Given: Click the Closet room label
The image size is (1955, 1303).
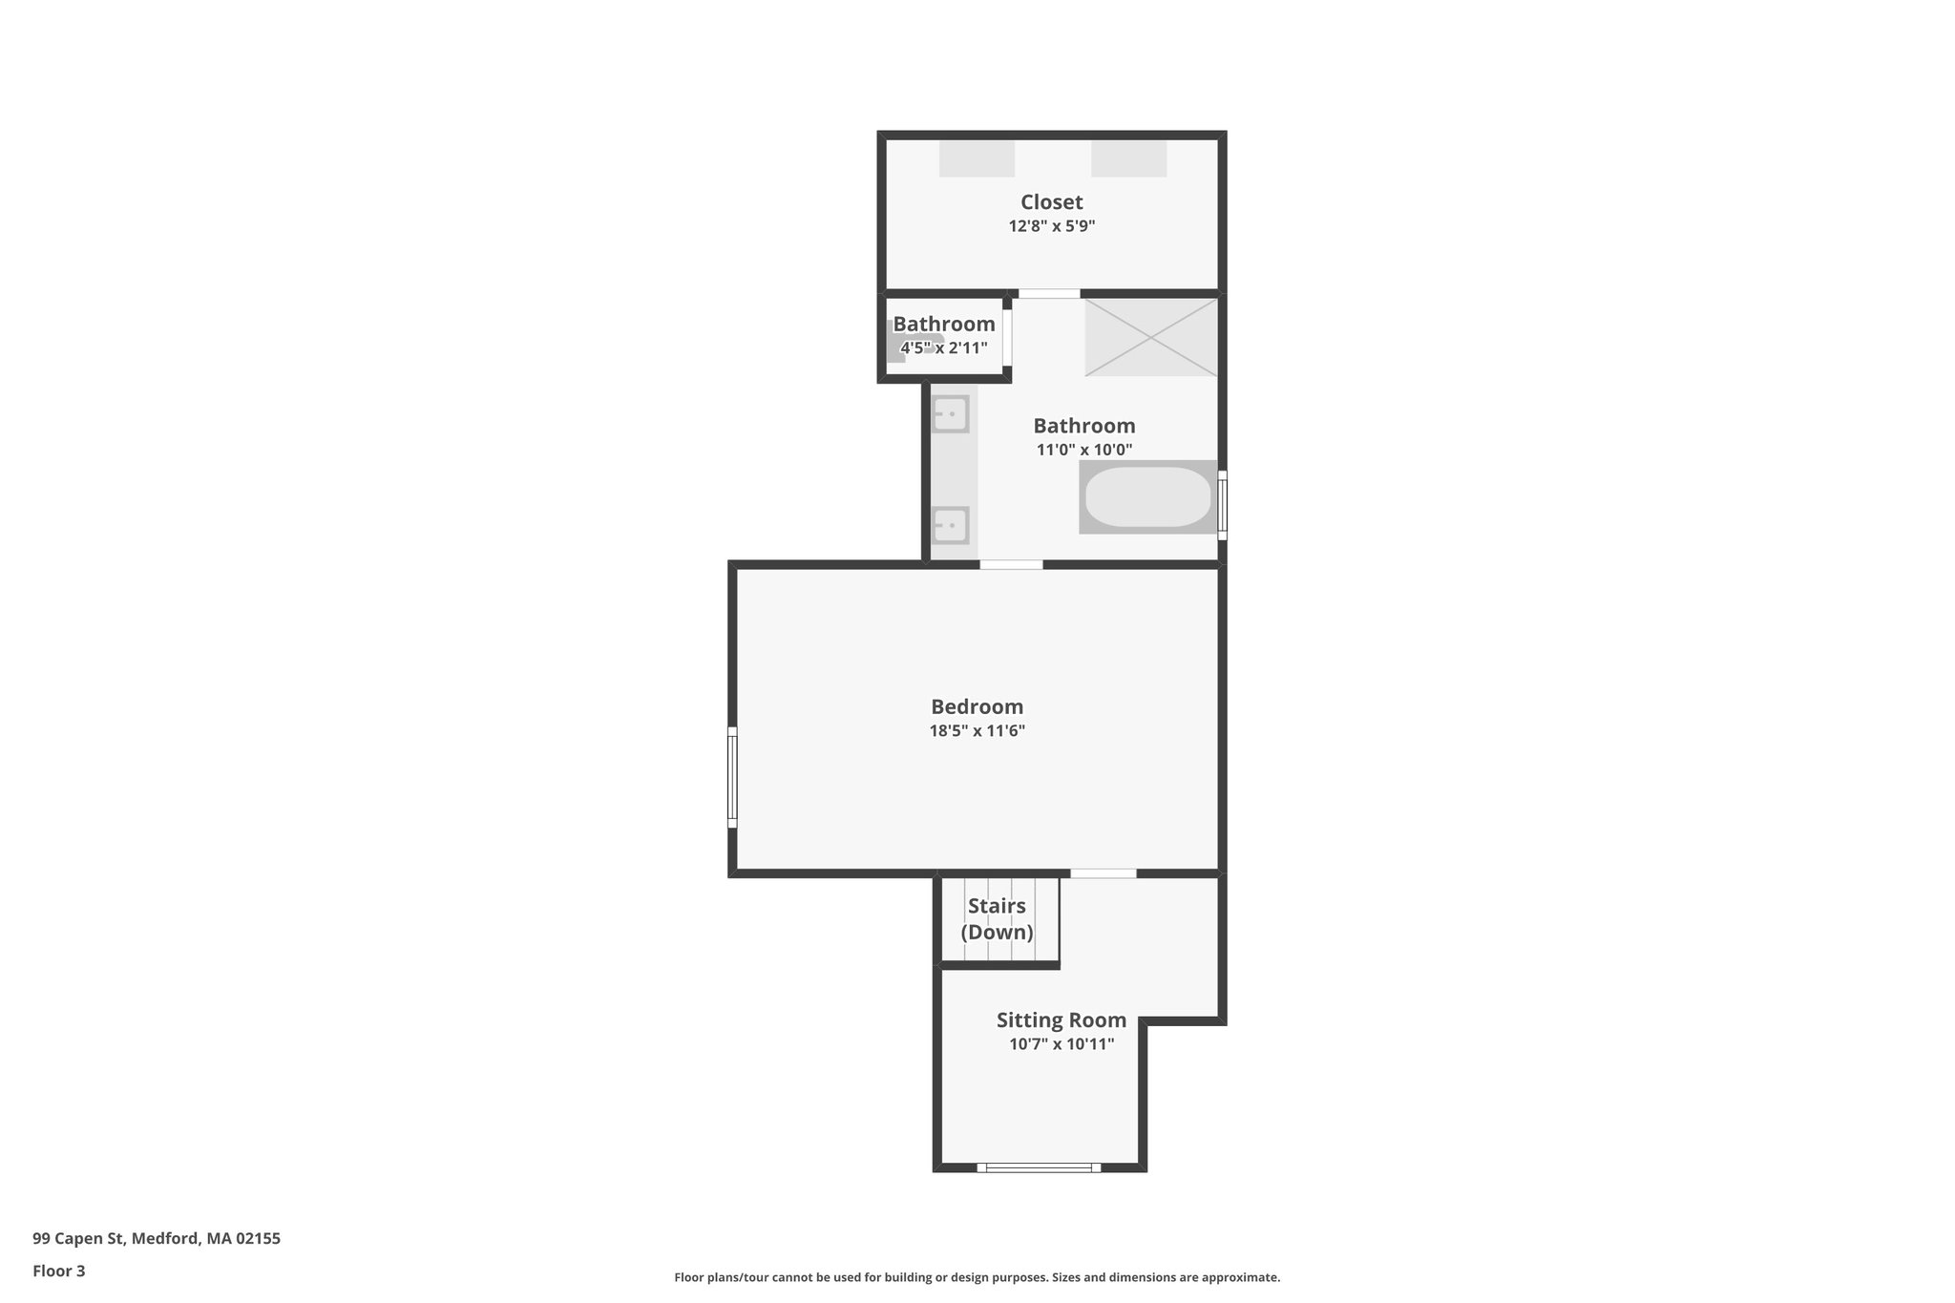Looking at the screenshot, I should [x=1051, y=202].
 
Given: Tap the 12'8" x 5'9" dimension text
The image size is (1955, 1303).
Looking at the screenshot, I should [x=1051, y=227].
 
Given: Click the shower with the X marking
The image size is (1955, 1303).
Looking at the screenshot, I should [x=1150, y=337].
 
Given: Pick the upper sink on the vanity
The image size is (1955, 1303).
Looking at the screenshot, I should [x=951, y=414].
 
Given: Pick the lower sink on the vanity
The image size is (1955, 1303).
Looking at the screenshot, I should [x=951, y=525].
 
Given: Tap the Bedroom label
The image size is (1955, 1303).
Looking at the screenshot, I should [x=977, y=707].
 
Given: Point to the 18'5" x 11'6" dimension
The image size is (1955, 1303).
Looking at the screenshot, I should [x=977, y=732].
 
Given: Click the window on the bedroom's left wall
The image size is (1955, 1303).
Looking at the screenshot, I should [x=732, y=777].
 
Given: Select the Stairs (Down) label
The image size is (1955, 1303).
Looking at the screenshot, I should [x=997, y=918].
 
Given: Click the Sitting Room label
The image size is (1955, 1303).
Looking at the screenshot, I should [x=1061, y=1020].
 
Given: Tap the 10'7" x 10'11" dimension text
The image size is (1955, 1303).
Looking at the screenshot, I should [x=1061, y=1044].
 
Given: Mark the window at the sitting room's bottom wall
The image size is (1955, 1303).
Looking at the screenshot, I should [x=1039, y=1166].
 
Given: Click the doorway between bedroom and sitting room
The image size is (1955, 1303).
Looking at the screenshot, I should [x=1103, y=872].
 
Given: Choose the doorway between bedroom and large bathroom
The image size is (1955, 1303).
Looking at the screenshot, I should [x=1011, y=564].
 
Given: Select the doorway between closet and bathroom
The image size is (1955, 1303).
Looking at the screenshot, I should [x=1048, y=293].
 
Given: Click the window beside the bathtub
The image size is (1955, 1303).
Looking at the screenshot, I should [x=1222, y=504].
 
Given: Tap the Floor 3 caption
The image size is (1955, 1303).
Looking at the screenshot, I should [x=59, y=1271].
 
